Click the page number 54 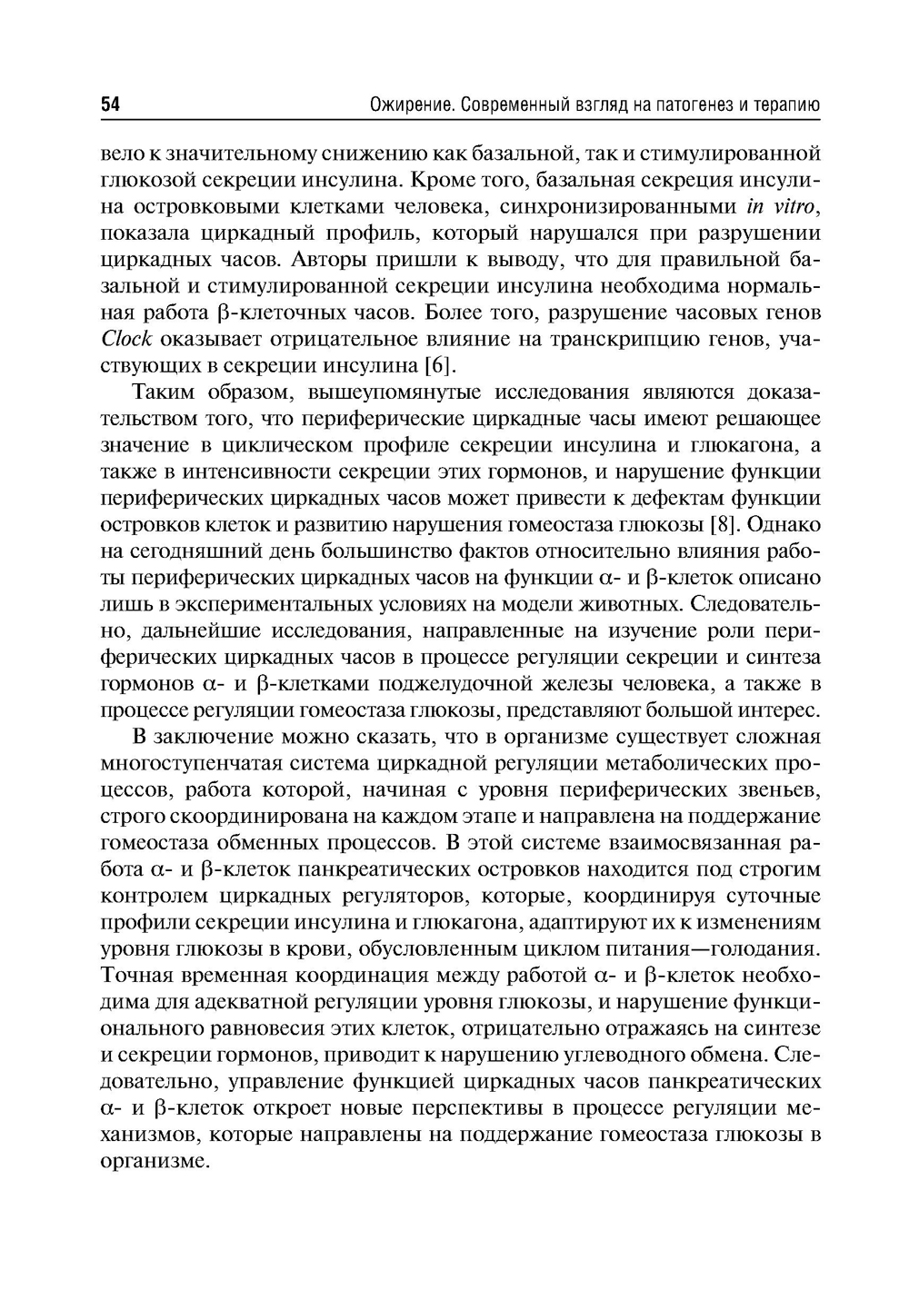pyautogui.click(x=110, y=105)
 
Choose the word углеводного pyautogui.click(x=636, y=1055)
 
